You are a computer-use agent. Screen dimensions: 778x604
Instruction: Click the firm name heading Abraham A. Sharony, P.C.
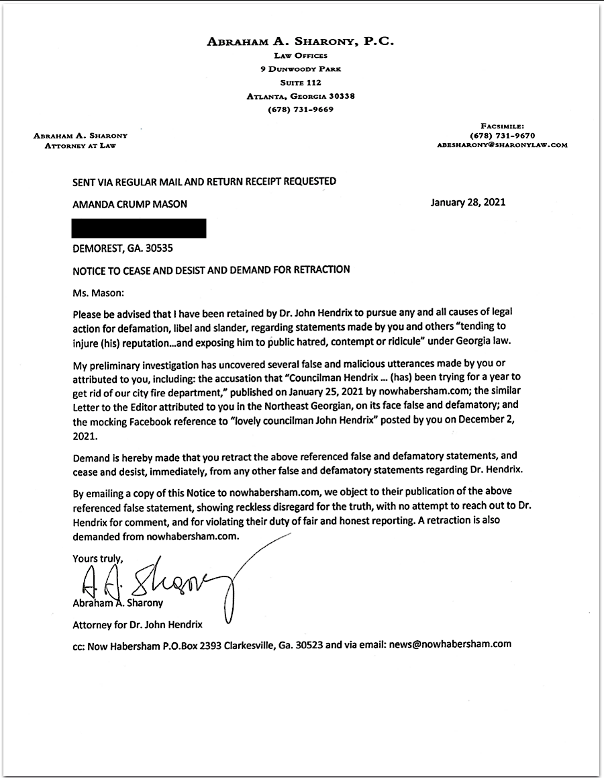click(300, 42)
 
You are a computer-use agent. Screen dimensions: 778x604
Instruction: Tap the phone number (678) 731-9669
click(300, 110)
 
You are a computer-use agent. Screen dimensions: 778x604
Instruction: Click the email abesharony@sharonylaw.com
click(502, 144)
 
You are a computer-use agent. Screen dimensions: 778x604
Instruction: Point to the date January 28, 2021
click(468, 202)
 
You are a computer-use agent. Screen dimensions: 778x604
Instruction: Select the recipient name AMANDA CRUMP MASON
click(130, 204)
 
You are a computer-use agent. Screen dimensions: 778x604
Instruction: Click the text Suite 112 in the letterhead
click(300, 83)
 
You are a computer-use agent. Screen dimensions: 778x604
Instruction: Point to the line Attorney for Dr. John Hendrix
click(138, 625)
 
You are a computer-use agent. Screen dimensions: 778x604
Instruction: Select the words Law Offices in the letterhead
click(300, 56)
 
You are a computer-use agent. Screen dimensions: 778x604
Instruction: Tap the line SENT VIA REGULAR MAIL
click(205, 181)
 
